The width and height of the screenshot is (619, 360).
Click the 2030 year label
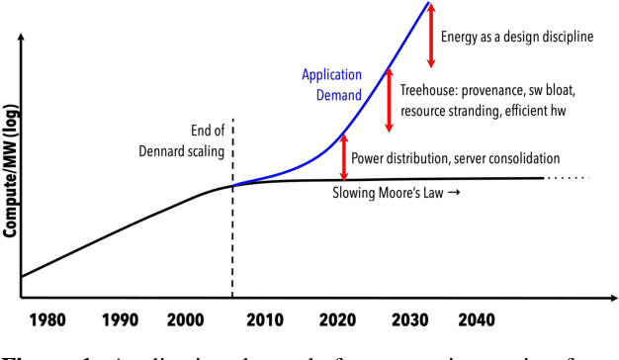(x=408, y=320)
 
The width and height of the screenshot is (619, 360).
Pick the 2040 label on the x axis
(x=480, y=320)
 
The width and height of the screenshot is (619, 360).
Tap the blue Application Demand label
(x=331, y=87)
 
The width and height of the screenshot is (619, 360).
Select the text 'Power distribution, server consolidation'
(x=457, y=157)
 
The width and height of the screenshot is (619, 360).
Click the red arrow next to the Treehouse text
(x=389, y=99)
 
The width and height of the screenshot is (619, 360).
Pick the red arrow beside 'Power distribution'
(x=344, y=156)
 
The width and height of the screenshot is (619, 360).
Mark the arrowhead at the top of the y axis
(x=21, y=42)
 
